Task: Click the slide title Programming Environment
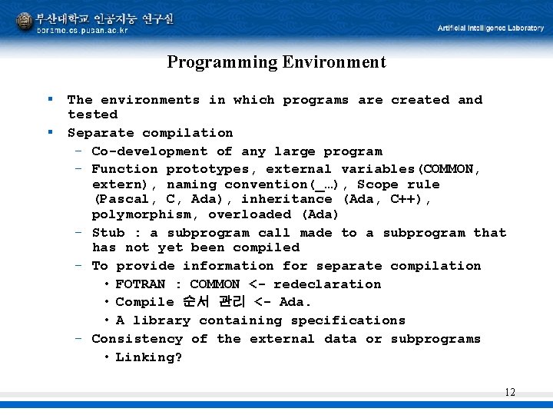tap(276, 62)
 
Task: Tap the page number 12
tap(510, 393)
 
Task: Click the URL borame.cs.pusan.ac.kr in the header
tap(82, 30)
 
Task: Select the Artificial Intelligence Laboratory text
tap(490, 28)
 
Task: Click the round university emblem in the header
tap(25, 22)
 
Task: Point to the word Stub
tap(108, 233)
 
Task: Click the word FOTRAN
tap(141, 284)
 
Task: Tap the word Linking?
tap(149, 357)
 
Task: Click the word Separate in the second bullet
tap(101, 133)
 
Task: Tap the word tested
tap(92, 115)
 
